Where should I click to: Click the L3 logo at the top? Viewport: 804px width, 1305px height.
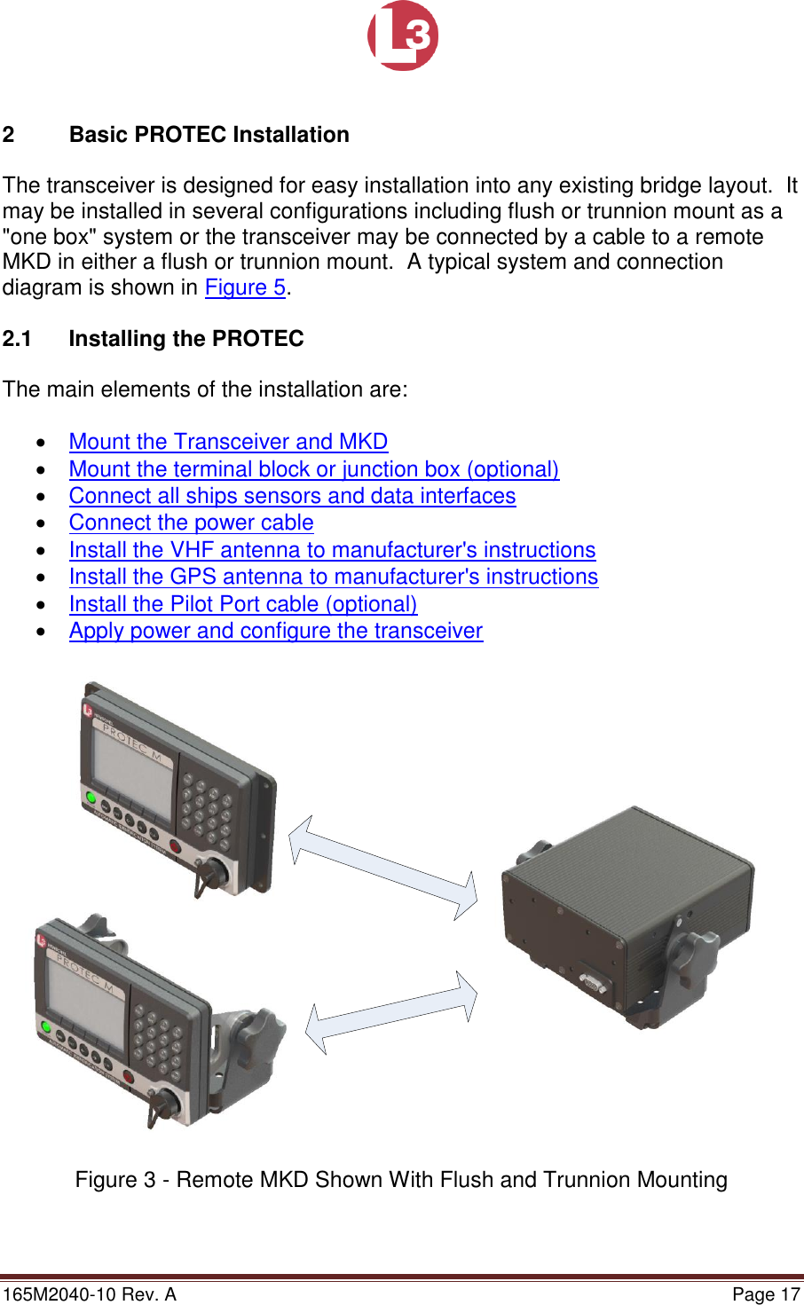click(x=403, y=35)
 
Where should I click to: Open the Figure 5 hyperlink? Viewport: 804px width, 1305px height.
click(x=245, y=287)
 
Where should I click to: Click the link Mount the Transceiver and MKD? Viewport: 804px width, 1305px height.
click(x=228, y=442)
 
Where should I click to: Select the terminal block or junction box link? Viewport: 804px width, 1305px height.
click(x=314, y=469)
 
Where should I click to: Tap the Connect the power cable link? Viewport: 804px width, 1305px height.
click(x=191, y=523)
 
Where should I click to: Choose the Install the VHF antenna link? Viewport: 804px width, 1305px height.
click(x=332, y=550)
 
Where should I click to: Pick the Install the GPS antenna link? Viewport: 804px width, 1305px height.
click(x=334, y=577)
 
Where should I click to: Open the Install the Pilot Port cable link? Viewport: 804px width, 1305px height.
click(x=243, y=604)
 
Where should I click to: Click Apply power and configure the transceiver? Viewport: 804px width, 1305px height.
click(x=276, y=631)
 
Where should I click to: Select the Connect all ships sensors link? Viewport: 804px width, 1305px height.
click(x=292, y=496)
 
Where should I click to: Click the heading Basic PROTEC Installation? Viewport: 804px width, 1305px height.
click(x=209, y=135)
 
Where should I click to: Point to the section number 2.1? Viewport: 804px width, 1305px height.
click(x=17, y=339)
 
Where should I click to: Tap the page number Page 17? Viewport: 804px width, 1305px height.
click(x=766, y=1294)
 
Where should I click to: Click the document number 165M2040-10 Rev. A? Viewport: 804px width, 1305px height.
click(x=90, y=1294)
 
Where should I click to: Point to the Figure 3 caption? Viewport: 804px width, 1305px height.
click(x=401, y=1180)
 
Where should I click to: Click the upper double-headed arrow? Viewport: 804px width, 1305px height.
click(x=383, y=868)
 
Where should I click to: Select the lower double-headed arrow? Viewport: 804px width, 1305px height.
click(x=391, y=1012)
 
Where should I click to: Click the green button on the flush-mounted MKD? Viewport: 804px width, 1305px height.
click(x=91, y=798)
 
